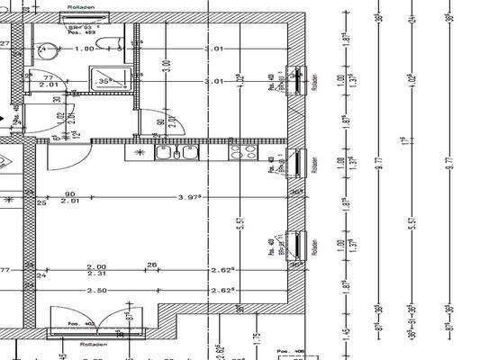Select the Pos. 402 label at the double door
(x=86, y=322)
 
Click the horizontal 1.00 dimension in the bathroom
(x=85, y=49)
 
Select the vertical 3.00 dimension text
(x=166, y=67)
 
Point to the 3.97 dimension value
(x=188, y=196)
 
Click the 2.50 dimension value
(x=96, y=291)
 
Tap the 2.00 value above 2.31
(x=96, y=266)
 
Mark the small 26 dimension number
(x=151, y=264)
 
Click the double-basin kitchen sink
(x=177, y=153)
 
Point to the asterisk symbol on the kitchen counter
(x=139, y=154)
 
